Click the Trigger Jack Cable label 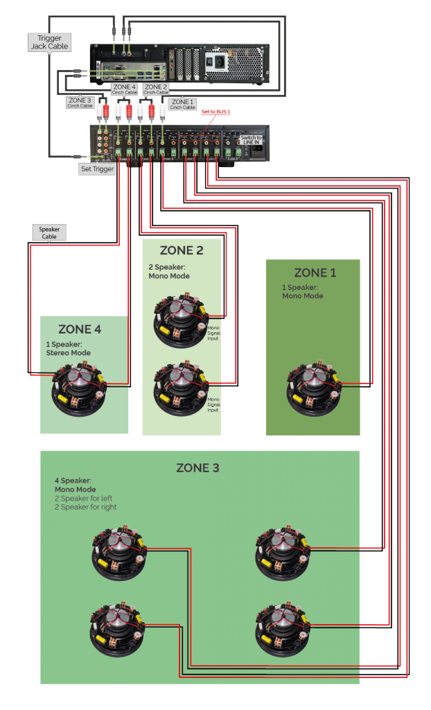point(46,42)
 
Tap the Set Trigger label point(97,168)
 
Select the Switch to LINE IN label point(251,139)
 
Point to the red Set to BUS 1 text point(215,112)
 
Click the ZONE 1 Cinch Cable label point(182,104)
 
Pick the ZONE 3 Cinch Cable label point(80,103)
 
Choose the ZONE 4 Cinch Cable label point(125,89)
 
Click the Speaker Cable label point(49,232)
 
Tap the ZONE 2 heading point(182,250)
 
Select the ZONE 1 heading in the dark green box point(315,272)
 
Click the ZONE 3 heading point(197,468)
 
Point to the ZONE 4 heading point(80,329)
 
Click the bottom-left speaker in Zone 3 point(117,632)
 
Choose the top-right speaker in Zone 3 point(283,553)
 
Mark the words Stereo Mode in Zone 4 point(68,353)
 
